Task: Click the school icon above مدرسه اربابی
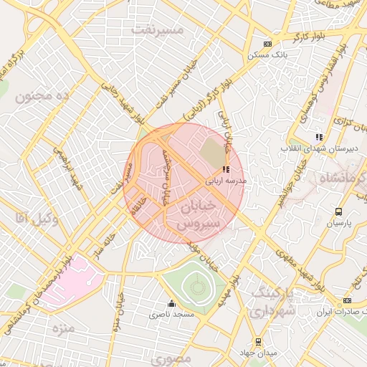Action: (226, 170)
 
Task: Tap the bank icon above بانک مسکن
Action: (267, 43)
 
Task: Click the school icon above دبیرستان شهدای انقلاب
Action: (319, 137)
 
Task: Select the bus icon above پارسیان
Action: (338, 211)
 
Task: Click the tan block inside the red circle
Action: (211, 151)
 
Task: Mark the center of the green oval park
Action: (197, 288)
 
